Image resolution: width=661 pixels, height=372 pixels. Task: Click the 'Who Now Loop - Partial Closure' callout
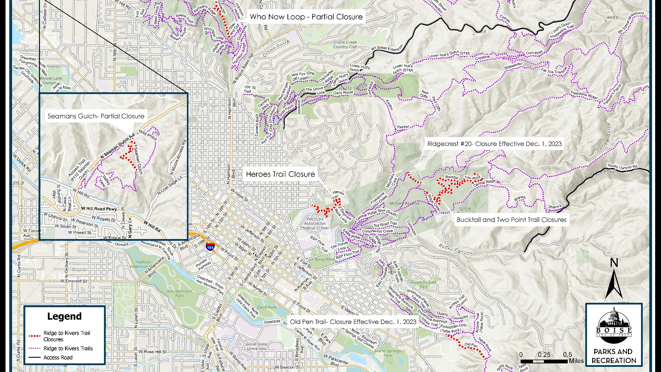click(x=306, y=17)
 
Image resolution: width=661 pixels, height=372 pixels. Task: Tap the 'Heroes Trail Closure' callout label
click(x=280, y=174)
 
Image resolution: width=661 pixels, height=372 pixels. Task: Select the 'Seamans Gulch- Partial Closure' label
click(x=96, y=116)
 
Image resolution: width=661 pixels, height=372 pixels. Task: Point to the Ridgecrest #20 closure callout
click(x=494, y=144)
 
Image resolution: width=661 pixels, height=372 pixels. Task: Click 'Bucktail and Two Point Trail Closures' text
click(x=512, y=220)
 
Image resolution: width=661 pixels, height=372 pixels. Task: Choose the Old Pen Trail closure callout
click(x=353, y=322)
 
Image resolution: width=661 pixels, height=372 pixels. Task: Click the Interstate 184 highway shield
click(x=210, y=247)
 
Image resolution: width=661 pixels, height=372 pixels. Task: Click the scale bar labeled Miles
click(x=544, y=361)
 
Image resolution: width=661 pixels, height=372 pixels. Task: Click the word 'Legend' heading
click(x=64, y=316)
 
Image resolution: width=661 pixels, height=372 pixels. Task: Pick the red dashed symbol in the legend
click(x=34, y=336)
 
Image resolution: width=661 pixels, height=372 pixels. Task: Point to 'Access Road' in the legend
click(x=58, y=358)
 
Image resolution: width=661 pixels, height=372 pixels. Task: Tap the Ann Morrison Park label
click(x=179, y=293)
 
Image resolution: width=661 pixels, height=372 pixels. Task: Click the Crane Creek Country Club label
click(x=345, y=44)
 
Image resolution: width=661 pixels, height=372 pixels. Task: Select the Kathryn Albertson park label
click(x=141, y=264)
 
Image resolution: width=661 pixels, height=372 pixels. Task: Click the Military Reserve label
click(x=404, y=204)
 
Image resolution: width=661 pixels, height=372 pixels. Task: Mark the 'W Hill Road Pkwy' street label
click(x=99, y=209)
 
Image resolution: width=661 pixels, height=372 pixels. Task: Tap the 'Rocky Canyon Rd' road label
click(x=622, y=166)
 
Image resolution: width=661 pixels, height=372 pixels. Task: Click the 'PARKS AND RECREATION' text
click(x=614, y=356)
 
